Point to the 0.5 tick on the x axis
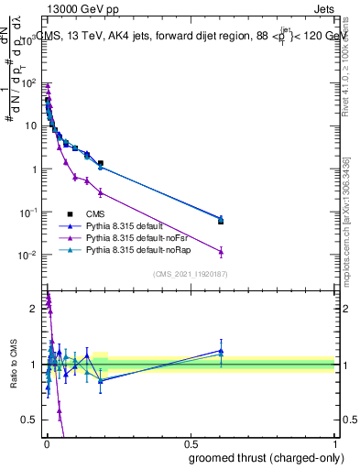coord(191,442)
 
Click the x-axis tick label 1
coord(335,442)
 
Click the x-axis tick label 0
coord(46,442)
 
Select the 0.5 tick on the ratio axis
coord(31,420)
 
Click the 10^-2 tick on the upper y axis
coord(28,256)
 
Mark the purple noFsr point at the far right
coord(220,252)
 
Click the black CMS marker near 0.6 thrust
coord(220,221)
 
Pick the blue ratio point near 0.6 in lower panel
coord(220,350)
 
